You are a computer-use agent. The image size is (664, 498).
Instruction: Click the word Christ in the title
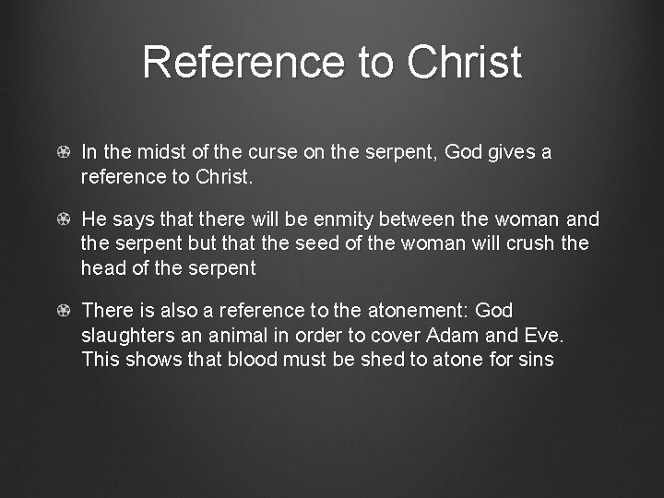pyautogui.click(x=464, y=63)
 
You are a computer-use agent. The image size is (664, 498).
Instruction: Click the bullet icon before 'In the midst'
pyautogui.click(x=63, y=152)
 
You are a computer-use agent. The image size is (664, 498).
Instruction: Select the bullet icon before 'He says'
pyautogui.click(x=63, y=219)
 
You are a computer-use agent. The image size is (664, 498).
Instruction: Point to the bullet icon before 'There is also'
pyautogui.click(x=63, y=311)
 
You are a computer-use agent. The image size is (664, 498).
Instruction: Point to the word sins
pyautogui.click(x=536, y=359)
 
